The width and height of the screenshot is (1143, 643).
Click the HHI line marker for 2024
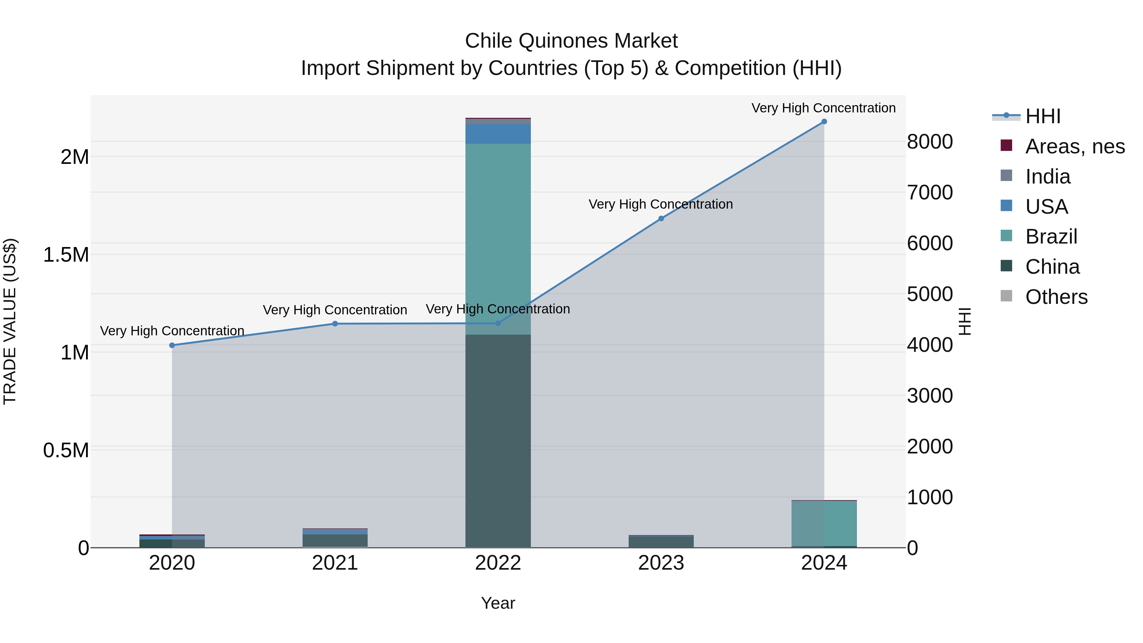coord(824,122)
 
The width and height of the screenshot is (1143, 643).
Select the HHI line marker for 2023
coord(661,218)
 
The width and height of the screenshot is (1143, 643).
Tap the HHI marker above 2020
coord(172,345)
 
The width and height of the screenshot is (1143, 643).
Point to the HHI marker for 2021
coord(335,324)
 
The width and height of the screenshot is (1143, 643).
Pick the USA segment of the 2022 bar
coord(498,134)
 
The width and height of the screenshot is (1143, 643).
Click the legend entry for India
coord(1047,177)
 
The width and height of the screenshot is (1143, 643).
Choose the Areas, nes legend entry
coord(1074,146)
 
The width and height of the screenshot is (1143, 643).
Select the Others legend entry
coord(1056,297)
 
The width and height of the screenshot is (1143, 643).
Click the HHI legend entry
coord(1042,116)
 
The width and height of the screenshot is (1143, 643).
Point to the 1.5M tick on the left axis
coord(66,255)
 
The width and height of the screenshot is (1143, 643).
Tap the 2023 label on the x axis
coord(661,563)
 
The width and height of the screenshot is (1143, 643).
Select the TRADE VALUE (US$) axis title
coord(10,321)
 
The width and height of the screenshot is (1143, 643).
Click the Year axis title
coord(498,603)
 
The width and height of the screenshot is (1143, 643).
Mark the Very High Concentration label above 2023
coord(661,204)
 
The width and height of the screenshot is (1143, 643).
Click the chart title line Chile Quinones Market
coord(571,41)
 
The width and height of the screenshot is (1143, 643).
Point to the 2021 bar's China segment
coord(335,540)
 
